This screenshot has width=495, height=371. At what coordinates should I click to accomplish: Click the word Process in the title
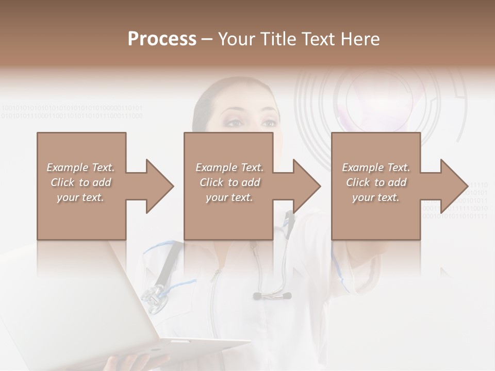(162, 39)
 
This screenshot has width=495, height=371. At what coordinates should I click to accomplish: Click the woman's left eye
(269, 123)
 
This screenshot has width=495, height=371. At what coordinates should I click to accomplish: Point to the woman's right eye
(235, 123)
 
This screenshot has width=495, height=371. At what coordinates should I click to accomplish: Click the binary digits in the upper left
(72, 112)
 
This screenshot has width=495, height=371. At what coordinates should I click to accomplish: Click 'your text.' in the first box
(80, 197)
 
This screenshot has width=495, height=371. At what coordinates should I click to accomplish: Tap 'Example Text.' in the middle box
(229, 167)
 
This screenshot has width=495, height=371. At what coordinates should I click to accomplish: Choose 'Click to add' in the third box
(376, 182)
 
